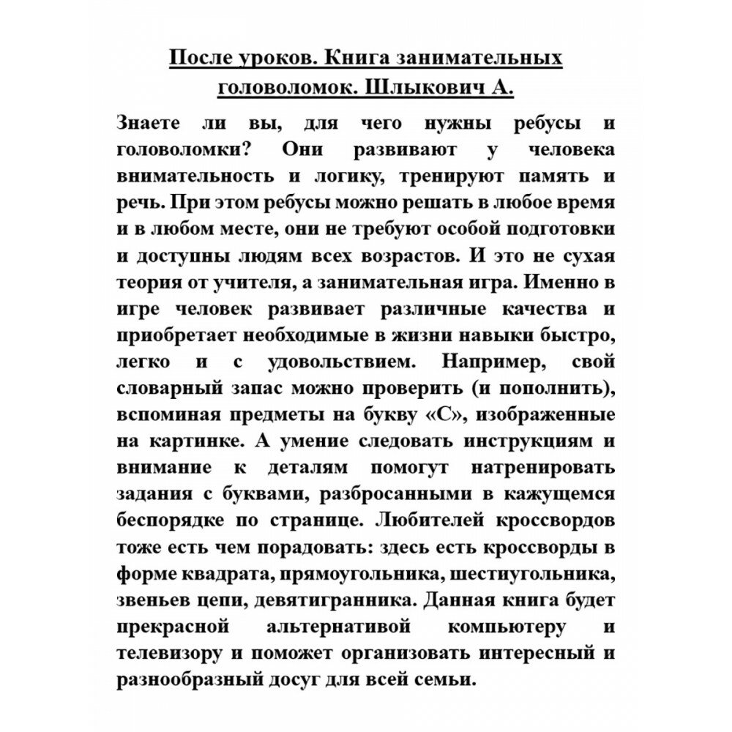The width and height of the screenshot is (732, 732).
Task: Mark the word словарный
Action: (x=166, y=387)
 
